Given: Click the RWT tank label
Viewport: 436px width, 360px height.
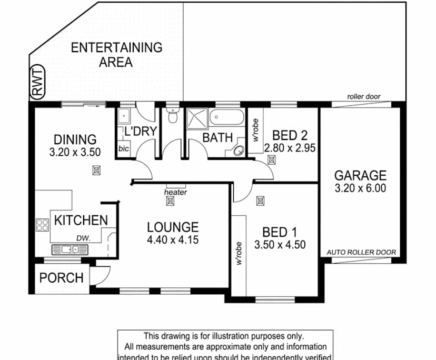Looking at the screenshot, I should tap(37, 84).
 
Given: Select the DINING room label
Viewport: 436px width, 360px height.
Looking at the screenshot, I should tap(75, 139).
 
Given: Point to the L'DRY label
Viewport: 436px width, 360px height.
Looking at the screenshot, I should tap(140, 131).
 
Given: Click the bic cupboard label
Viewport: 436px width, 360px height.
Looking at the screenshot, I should tap(124, 149).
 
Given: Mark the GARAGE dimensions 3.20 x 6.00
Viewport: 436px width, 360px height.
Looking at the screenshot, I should tap(361, 188).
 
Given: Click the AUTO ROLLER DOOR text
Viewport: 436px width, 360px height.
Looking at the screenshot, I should tap(361, 252).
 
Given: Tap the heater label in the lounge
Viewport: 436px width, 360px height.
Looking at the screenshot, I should tap(175, 193).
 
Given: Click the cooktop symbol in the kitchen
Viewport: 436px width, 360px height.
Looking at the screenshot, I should tap(42, 225).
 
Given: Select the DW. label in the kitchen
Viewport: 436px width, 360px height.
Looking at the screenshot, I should tap(83, 238).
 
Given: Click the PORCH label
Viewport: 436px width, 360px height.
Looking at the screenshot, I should tap(62, 277).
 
